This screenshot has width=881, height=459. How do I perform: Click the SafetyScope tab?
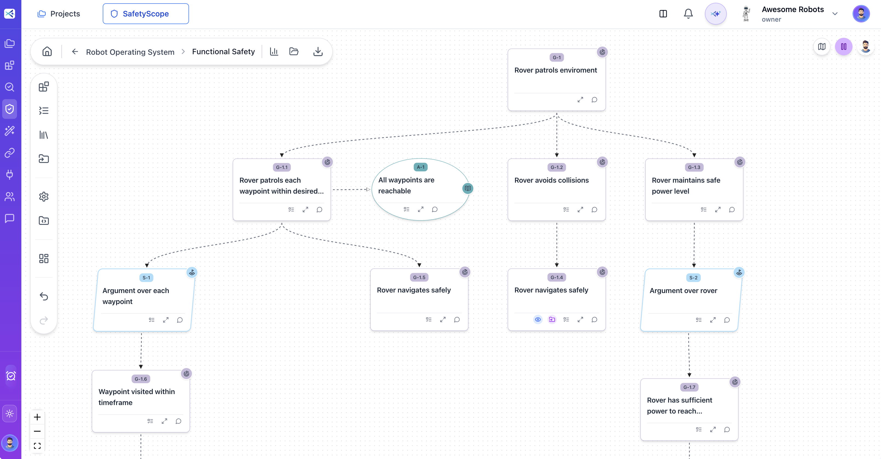(x=145, y=14)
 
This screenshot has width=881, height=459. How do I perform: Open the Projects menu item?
(x=58, y=14)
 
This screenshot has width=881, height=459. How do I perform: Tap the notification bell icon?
(x=688, y=14)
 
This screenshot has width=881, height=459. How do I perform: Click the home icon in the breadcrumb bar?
(x=47, y=52)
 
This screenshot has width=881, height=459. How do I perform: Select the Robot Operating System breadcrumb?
(x=130, y=52)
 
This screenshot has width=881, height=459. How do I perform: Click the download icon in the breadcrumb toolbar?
(x=318, y=52)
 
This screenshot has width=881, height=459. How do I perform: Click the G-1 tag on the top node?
(x=556, y=58)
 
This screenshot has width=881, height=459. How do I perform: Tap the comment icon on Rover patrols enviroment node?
(x=594, y=100)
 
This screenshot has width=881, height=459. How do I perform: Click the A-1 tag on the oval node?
(x=420, y=167)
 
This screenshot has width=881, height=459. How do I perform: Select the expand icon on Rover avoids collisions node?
(x=580, y=210)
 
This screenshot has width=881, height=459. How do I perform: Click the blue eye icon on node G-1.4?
(x=538, y=319)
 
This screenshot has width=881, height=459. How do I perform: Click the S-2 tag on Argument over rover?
(x=693, y=278)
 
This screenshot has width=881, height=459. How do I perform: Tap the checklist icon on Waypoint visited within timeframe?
(x=150, y=421)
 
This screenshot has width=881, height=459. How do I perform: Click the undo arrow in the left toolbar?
(x=44, y=296)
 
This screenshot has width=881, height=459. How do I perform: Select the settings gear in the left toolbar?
(x=44, y=197)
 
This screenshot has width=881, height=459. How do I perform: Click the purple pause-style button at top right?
(x=843, y=47)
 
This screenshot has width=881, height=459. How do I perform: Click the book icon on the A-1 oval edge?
(x=468, y=188)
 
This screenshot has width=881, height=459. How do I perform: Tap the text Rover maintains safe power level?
(x=686, y=186)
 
